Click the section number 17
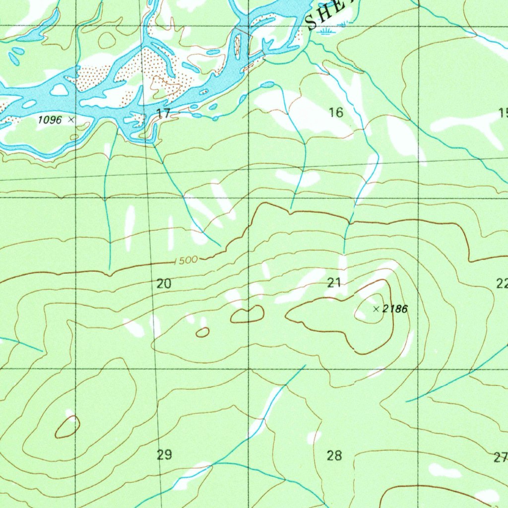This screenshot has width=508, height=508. pyautogui.click(x=164, y=113)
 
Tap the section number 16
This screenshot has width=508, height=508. pyautogui.click(x=336, y=113)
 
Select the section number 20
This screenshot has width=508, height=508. pyautogui.click(x=164, y=284)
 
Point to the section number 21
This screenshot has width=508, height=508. pyautogui.click(x=334, y=283)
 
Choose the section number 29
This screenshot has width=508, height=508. pyautogui.click(x=164, y=454)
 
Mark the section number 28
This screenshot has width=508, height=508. pyautogui.click(x=335, y=455)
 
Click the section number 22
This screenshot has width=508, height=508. pyautogui.click(x=502, y=284)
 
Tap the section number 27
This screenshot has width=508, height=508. pyautogui.click(x=502, y=457)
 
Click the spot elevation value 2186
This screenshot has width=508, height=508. pyautogui.click(x=395, y=310)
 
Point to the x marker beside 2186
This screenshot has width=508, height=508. pyautogui.click(x=376, y=309)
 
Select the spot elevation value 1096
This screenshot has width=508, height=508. pyautogui.click(x=50, y=120)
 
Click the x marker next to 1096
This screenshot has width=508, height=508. pyautogui.click(x=71, y=120)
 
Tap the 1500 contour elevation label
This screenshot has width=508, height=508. pyautogui.click(x=187, y=260)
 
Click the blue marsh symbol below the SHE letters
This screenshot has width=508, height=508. pyautogui.click(x=326, y=32)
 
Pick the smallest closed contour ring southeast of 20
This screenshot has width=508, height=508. pyautogui.click(x=202, y=332)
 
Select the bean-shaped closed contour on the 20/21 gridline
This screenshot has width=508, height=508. pyautogui.click(x=247, y=314)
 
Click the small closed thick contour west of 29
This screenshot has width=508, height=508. pyautogui.click(x=67, y=428)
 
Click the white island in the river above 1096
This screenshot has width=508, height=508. pyautogui.click(x=60, y=90)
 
